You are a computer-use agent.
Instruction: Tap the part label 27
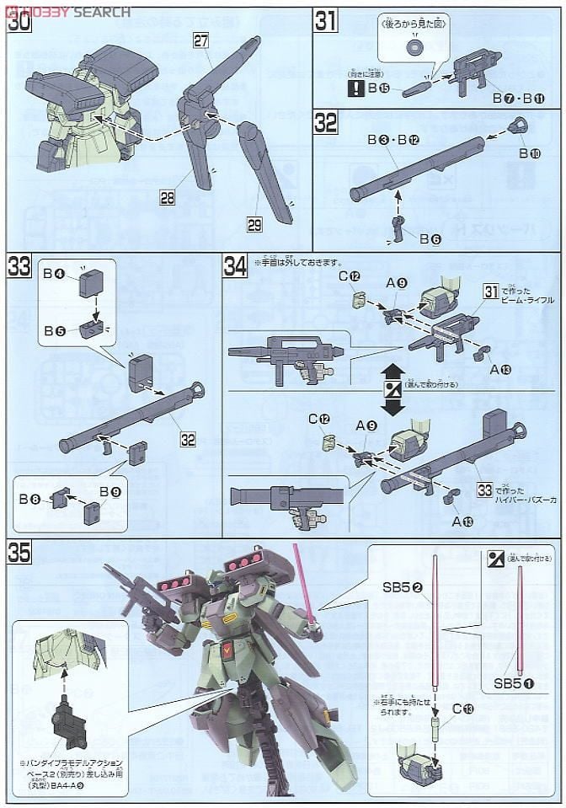pyautogui.click(x=200, y=40)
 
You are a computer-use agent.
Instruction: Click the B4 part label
pyautogui.click(x=55, y=273)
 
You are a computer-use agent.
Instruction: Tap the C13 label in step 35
pyautogui.click(x=462, y=709)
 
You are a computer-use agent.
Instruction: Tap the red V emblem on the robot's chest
pyautogui.click(x=230, y=650)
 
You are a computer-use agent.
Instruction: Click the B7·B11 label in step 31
pyautogui.click(x=520, y=99)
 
